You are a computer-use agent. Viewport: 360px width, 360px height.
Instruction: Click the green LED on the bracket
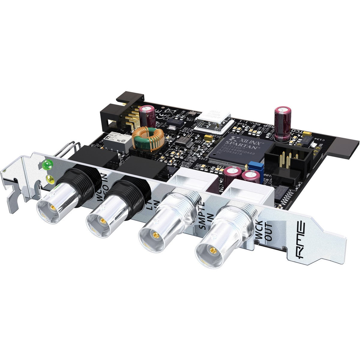tap(47, 164)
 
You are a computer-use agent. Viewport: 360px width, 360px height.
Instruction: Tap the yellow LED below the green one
tap(49, 180)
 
